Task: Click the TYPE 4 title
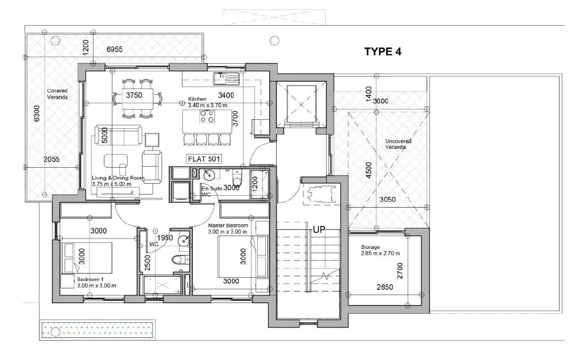click(x=383, y=51)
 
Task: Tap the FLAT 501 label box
click(x=204, y=159)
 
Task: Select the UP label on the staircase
click(x=319, y=229)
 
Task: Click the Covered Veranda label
click(x=58, y=94)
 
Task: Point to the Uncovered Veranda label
click(x=398, y=144)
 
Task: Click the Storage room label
click(x=380, y=250)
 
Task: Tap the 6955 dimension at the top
click(x=114, y=49)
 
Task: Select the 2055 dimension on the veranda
click(x=51, y=159)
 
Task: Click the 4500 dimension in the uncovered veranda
click(x=369, y=170)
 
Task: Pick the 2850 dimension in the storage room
click(x=385, y=287)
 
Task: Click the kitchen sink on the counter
click(x=226, y=78)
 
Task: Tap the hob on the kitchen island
click(x=206, y=116)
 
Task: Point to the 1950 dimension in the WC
click(x=165, y=238)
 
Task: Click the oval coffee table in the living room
click(x=116, y=161)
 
